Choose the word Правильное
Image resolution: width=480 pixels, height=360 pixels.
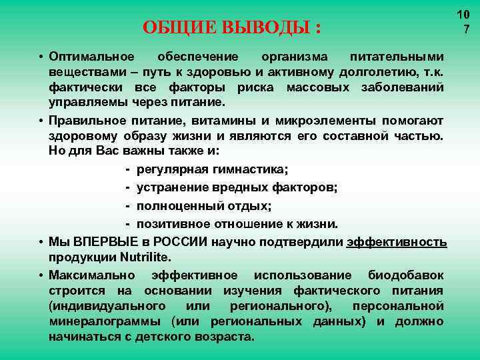[87, 121]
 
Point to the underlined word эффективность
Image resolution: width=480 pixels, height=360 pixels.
[397, 241]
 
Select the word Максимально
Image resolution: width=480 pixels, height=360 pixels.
[91, 275]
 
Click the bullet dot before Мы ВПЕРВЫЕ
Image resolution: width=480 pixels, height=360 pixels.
[41, 241]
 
